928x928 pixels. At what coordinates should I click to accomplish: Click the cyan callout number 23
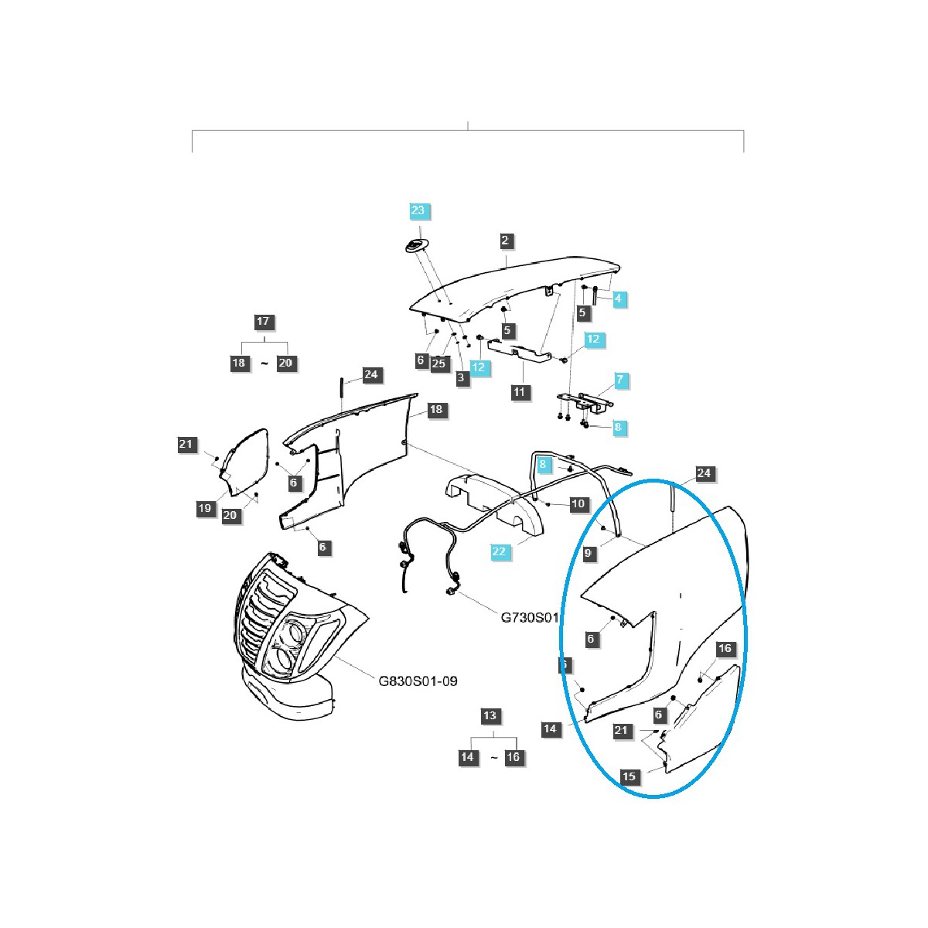418,211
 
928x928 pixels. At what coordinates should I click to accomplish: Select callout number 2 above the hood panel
505,241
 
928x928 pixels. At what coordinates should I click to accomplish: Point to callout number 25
440,363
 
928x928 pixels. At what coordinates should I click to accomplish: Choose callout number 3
462,378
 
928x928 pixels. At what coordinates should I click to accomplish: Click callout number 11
519,392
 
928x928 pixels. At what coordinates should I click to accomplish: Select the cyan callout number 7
619,380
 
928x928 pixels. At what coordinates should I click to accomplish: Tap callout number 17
264,322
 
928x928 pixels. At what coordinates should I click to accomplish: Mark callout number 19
204,508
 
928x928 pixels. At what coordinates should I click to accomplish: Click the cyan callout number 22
499,551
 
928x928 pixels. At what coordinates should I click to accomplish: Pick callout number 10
578,504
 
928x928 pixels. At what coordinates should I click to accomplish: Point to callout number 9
589,554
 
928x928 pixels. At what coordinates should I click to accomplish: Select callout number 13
490,716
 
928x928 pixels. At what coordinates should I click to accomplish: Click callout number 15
629,776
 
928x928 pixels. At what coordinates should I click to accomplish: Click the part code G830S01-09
418,681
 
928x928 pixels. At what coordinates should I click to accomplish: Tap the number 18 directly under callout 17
239,363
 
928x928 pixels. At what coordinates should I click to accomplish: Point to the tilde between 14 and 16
494,758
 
